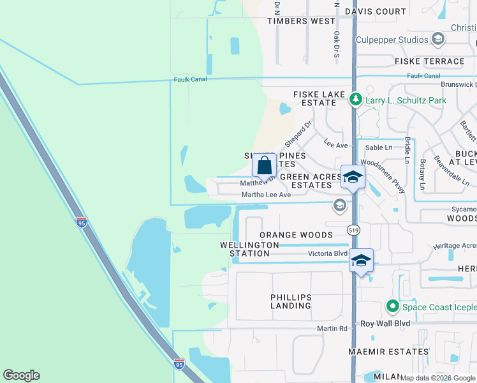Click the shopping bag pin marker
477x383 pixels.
coord(264,166)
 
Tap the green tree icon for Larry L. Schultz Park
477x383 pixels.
coord(356,100)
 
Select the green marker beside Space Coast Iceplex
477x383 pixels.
coord(393,307)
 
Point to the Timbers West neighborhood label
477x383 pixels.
coord(301,21)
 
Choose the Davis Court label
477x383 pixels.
coord(376,11)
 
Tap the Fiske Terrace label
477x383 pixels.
coord(429,61)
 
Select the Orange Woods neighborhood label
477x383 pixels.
coord(296,235)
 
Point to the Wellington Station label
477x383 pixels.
coord(249,249)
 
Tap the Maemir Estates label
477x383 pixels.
coord(388,352)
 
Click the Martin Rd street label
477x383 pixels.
coord(333,328)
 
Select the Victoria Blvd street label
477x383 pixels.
coord(328,253)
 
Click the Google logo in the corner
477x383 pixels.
coord(21,375)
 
